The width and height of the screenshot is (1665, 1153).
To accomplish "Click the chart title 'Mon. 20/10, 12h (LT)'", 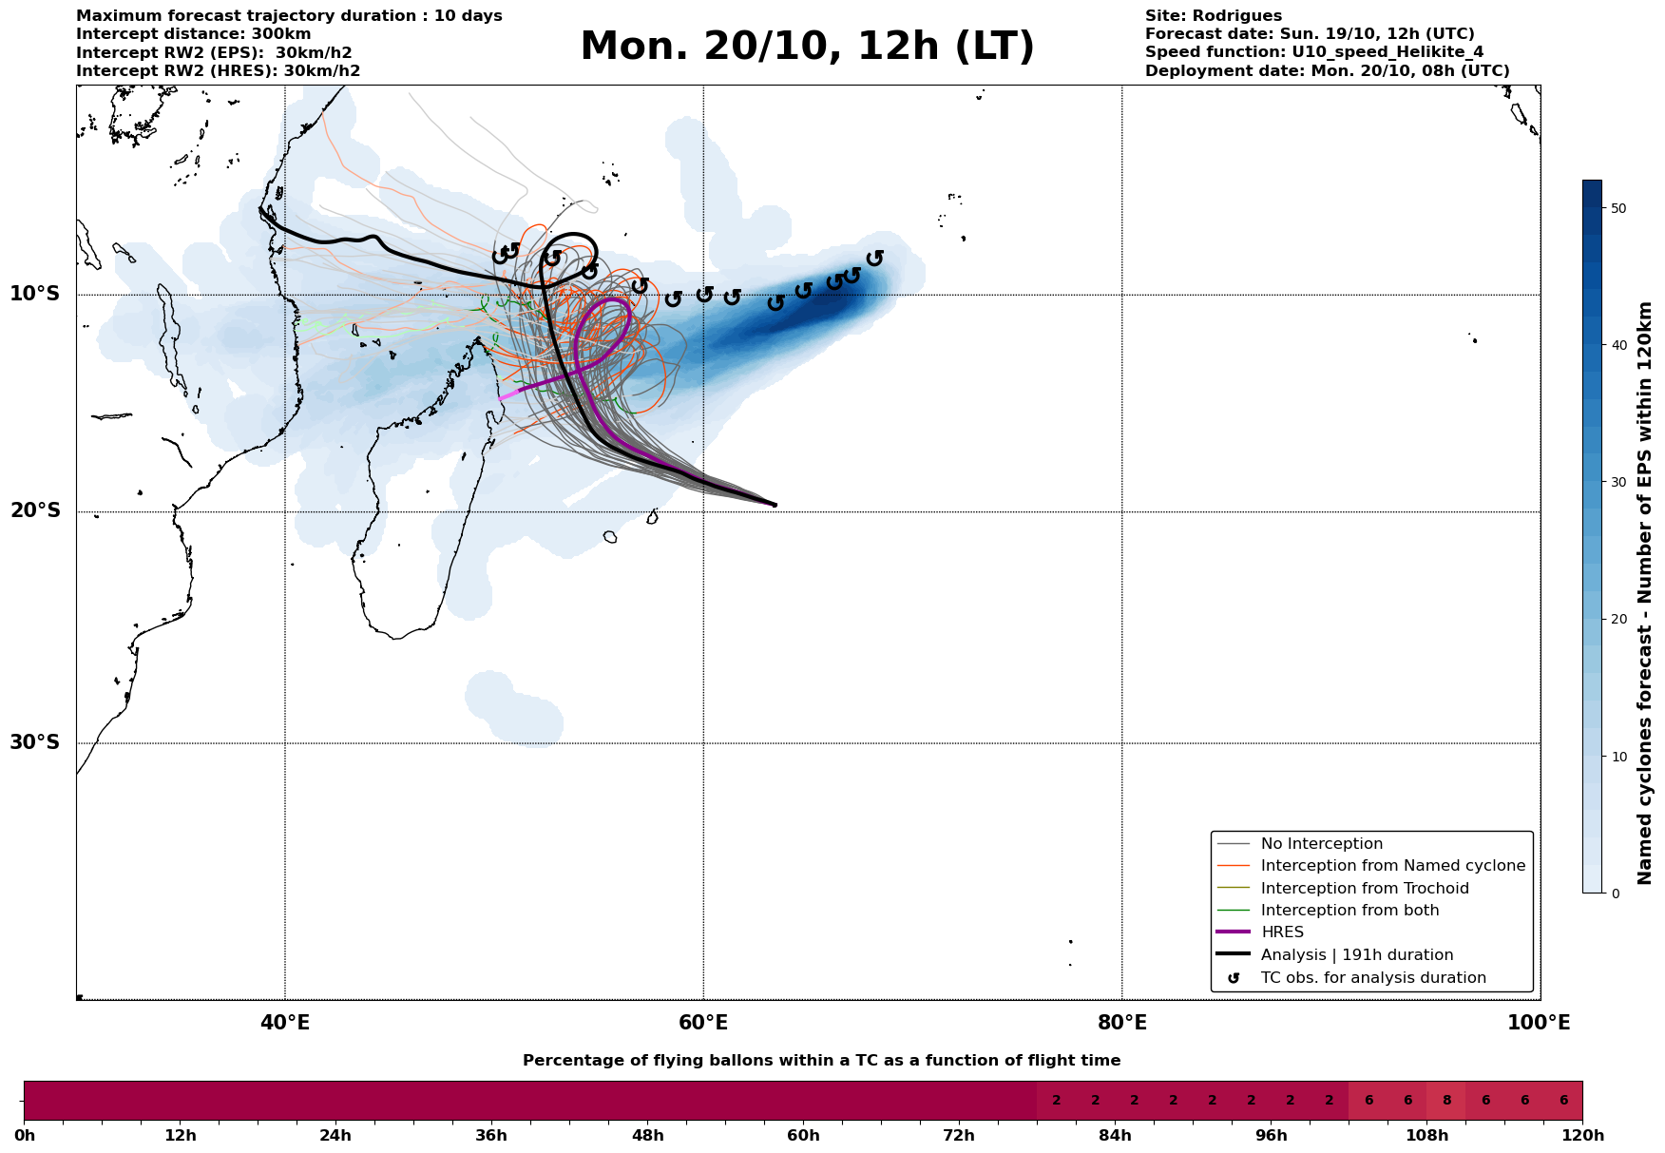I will pos(807,47).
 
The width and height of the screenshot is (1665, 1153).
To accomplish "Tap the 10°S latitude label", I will pos(35,294).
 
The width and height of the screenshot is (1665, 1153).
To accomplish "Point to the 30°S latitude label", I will pos(35,742).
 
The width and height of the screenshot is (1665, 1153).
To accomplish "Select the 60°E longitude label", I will pos(703,1023).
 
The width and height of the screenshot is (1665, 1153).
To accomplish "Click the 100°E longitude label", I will pos(1540,1023).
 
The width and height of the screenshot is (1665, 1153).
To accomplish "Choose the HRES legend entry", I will pos(1282,932).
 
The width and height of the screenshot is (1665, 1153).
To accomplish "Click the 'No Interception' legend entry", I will pos(1321,844).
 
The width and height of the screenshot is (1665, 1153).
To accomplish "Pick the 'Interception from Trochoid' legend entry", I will pos(1364,889).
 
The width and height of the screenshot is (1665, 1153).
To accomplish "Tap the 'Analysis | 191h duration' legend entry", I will pos(1356,955).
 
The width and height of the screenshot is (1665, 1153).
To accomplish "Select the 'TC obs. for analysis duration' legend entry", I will pos(1372,978).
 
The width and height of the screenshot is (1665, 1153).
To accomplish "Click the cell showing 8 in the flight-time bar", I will pos(1446,1101).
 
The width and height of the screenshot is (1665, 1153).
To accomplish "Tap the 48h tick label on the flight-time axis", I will pos(647,1136).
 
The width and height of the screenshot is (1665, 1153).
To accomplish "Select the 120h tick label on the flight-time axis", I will pos(1582,1136).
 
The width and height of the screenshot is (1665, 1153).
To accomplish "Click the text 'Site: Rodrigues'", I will pos(1213,16).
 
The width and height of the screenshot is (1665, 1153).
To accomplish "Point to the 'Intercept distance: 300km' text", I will pos(193,34).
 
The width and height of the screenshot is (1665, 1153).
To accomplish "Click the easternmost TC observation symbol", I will pos(875,258).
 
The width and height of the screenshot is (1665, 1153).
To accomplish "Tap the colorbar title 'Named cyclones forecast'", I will pos(1646,593).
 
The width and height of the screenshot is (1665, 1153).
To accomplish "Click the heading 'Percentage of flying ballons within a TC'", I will pos(821,1061).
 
